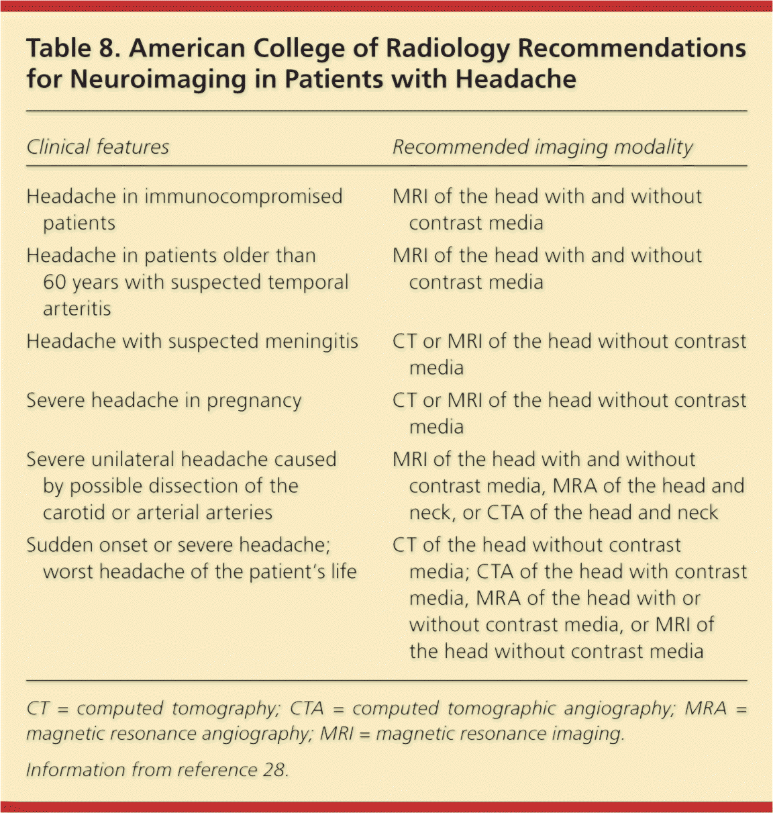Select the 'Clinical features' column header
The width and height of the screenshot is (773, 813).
(98, 147)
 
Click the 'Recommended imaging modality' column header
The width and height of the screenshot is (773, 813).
(542, 147)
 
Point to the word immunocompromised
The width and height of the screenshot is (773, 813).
(244, 197)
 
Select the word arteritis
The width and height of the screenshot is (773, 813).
(76, 309)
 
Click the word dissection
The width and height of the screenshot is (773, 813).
(195, 486)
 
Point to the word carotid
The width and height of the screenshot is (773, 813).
(74, 513)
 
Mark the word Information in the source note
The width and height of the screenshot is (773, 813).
(74, 769)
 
